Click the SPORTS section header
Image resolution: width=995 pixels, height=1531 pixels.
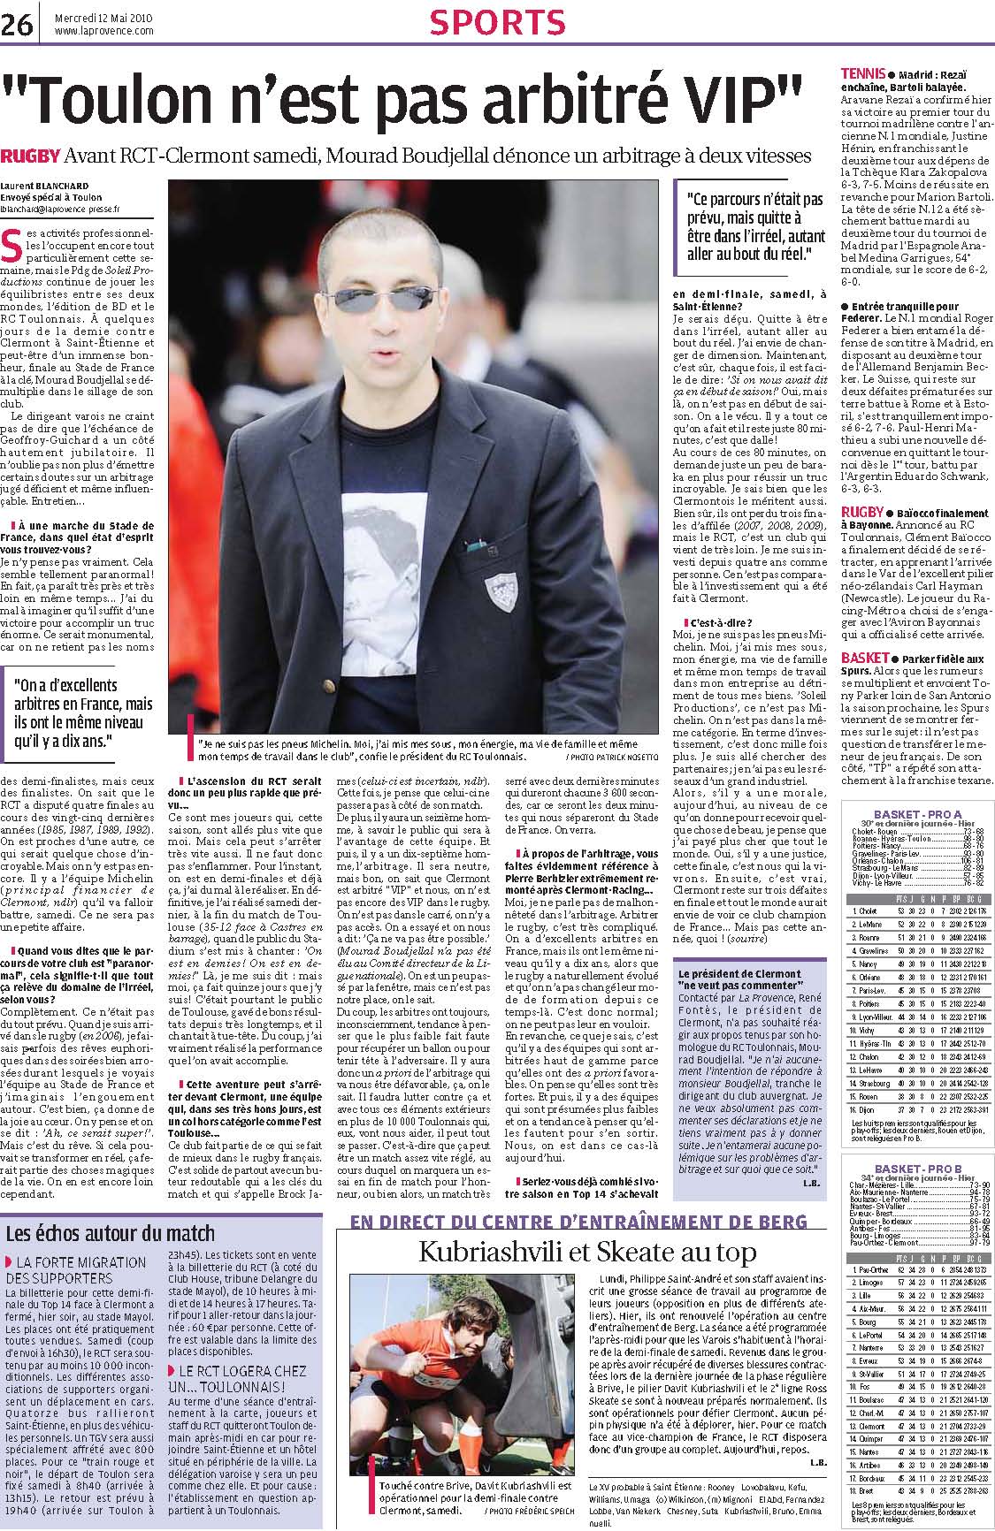(496, 22)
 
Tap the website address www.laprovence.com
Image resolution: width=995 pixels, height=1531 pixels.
(103, 31)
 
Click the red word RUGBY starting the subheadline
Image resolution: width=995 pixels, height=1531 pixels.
(30, 156)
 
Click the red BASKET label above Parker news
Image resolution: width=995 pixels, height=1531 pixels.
(863, 659)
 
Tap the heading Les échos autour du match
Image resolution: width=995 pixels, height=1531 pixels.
(111, 1233)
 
